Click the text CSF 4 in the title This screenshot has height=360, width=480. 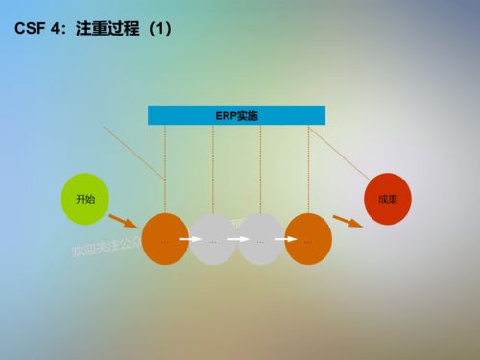[35, 31]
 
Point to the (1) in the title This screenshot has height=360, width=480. [155, 31]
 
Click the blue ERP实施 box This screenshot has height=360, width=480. [236, 115]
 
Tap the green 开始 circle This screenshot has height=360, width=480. [84, 199]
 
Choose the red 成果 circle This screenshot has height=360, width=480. [388, 199]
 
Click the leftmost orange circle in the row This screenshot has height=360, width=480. [165, 239]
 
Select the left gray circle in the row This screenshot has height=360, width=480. [212, 239]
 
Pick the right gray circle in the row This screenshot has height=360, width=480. [260, 239]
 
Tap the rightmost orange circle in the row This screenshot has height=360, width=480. [308, 239]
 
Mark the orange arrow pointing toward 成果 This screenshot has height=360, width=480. [348, 222]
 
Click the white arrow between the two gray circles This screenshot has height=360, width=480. [236, 240]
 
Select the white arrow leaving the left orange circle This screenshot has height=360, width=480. [189, 240]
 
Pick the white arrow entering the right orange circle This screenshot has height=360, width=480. [284, 240]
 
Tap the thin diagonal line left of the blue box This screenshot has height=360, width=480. [134, 151]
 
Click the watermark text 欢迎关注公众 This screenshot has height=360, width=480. [106, 246]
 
